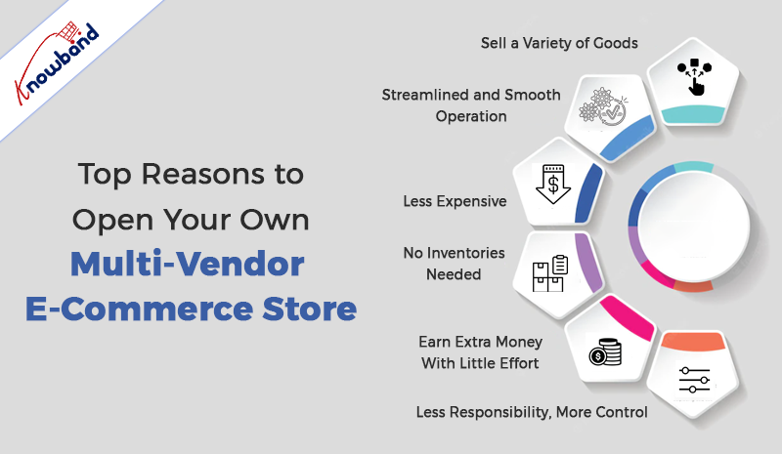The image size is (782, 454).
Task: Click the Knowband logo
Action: pos(56,62)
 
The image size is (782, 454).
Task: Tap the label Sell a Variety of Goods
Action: pos(559,43)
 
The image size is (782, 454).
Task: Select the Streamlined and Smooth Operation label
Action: pos(471,105)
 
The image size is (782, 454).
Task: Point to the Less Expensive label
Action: pos(455,201)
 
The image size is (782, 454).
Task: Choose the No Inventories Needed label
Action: pos(454,264)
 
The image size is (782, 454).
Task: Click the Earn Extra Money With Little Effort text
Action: pos(480,352)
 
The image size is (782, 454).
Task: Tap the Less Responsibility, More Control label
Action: pos(532,412)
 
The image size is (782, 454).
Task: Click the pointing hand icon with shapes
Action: pos(694,76)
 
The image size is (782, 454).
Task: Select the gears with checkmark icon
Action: pos(603,107)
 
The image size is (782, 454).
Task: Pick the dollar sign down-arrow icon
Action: pos(553,184)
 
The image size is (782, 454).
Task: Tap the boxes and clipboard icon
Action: pos(550,273)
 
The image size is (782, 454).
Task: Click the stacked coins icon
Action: pos(605,351)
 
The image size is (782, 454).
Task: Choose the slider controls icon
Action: pos(694,380)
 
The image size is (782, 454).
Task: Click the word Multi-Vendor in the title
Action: pos(187,264)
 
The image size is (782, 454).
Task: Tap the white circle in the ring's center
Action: pos(694,226)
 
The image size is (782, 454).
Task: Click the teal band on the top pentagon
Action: pos(693,114)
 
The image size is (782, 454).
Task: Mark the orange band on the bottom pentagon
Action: pos(693,342)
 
